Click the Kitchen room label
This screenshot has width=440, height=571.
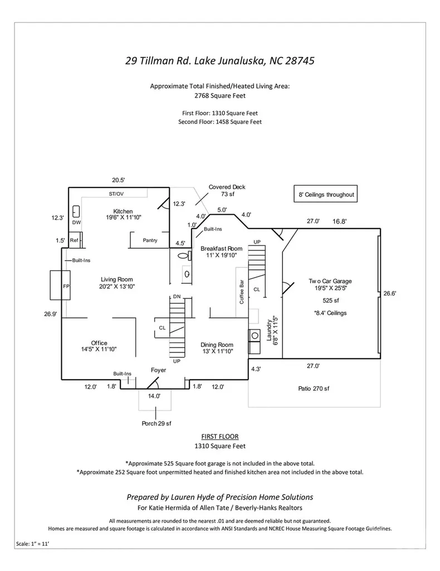[123, 211]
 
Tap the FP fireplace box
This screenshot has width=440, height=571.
[60, 285]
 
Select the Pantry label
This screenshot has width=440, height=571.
[150, 240]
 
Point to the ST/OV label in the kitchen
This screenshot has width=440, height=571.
[116, 194]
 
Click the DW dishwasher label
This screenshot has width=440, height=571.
[76, 222]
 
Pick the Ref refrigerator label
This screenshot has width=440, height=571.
[74, 240]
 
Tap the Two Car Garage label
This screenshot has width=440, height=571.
[330, 281]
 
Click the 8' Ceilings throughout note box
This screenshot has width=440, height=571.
[326, 194]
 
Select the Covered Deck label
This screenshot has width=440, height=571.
[227, 187]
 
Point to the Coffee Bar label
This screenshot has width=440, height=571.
[242, 292]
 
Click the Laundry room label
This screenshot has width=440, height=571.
[269, 331]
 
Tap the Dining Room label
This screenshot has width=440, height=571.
[217, 345]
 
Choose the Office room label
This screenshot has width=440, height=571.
[99, 343]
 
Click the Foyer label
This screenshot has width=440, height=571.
[159, 370]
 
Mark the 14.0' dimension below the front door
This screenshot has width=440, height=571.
[154, 396]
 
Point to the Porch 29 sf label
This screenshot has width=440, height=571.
[157, 424]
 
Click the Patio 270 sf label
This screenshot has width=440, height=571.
[314, 389]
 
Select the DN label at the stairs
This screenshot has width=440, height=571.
[177, 297]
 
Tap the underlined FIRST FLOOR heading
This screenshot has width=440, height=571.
[220, 436]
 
